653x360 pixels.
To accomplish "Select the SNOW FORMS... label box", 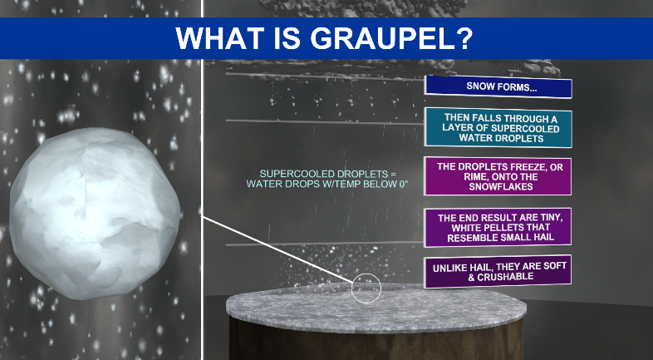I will pyautogui.click(x=498, y=87).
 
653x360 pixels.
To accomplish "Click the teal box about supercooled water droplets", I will pyautogui.click(x=498, y=127).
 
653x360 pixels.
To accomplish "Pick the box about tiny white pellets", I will pyautogui.click(x=498, y=227).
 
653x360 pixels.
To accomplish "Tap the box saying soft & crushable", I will pyautogui.click(x=498, y=271).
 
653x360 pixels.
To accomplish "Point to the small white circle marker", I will pyautogui.click(x=366, y=288).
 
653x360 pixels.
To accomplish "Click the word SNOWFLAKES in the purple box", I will pyautogui.click(x=497, y=189).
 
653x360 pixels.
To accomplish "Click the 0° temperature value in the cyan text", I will pyautogui.click(x=404, y=184).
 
